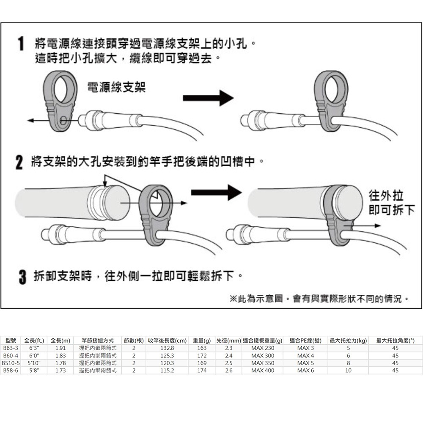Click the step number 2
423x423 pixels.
[x=19, y=163]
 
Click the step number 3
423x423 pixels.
[x=19, y=278]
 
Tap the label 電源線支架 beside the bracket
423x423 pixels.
[x=116, y=88]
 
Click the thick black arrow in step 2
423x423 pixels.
[x=216, y=192]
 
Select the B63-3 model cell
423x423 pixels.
[x=10, y=348]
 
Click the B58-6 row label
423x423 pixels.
[x=10, y=370]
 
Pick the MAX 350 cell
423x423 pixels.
[x=263, y=363]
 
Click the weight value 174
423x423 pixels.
[x=202, y=370]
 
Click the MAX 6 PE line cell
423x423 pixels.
[x=305, y=370]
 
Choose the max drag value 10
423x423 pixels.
[x=348, y=370]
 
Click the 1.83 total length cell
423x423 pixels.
[x=60, y=355]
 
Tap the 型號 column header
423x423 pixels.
[x=10, y=341]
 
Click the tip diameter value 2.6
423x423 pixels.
[x=229, y=370]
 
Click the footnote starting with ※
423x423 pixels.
[x=319, y=299]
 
